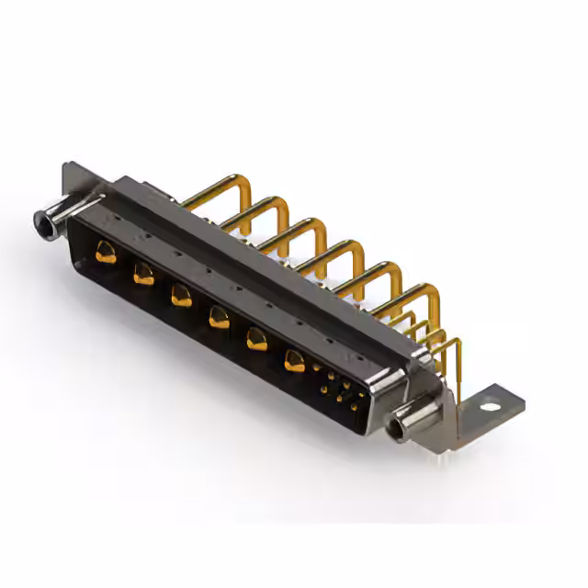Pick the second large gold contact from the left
tap(142, 272)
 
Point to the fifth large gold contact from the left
tap(255, 339)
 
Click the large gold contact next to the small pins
tap(294, 361)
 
